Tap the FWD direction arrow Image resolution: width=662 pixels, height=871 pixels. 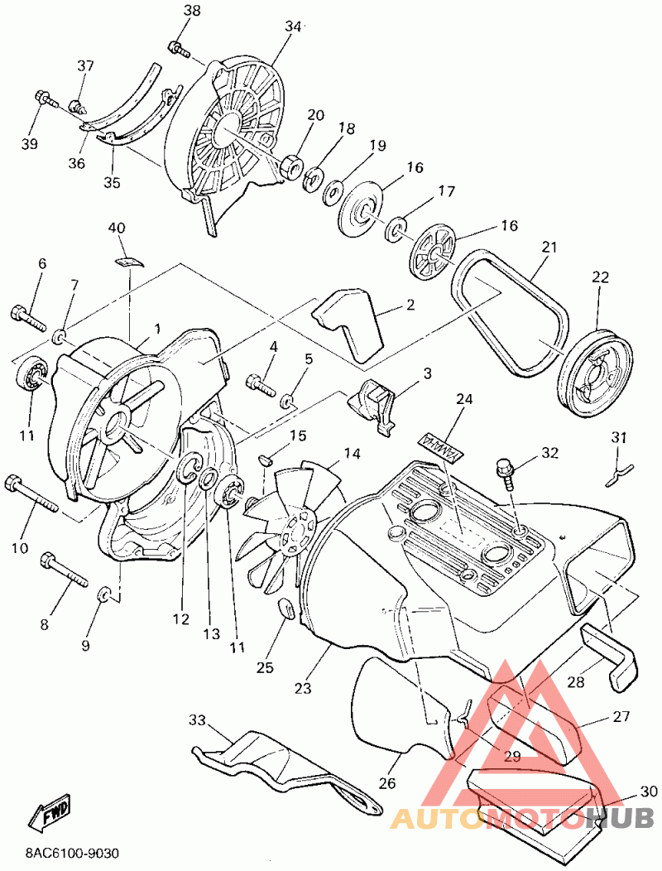(x=50, y=815)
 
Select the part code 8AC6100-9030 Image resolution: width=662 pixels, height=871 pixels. (x=72, y=853)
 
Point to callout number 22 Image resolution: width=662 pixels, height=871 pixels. (x=600, y=277)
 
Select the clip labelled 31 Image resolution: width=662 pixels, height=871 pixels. (x=618, y=472)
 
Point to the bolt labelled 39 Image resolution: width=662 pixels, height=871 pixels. (x=46, y=101)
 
